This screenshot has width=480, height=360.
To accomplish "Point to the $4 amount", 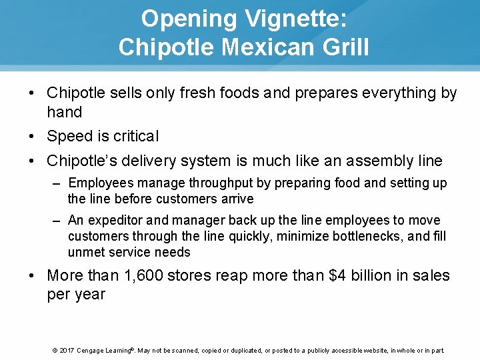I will pyautogui.click(x=339, y=276).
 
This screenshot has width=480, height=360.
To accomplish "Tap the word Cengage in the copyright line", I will pyautogui.click(x=93, y=350).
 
